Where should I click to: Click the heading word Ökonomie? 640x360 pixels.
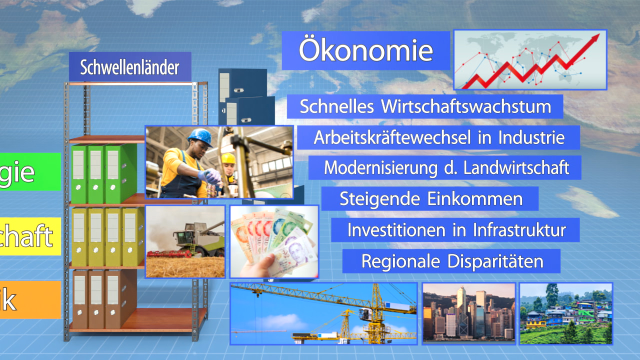(365, 50)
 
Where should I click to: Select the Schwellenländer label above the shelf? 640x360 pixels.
(129, 67)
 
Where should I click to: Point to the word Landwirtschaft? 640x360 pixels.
(516, 168)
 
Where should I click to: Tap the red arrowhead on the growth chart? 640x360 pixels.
(594, 39)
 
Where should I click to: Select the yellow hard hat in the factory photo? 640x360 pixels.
(228, 158)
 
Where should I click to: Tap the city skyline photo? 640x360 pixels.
(468, 313)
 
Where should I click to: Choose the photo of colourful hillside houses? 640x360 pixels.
(565, 313)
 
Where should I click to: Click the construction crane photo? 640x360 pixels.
(323, 313)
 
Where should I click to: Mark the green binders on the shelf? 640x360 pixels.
(102, 173)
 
